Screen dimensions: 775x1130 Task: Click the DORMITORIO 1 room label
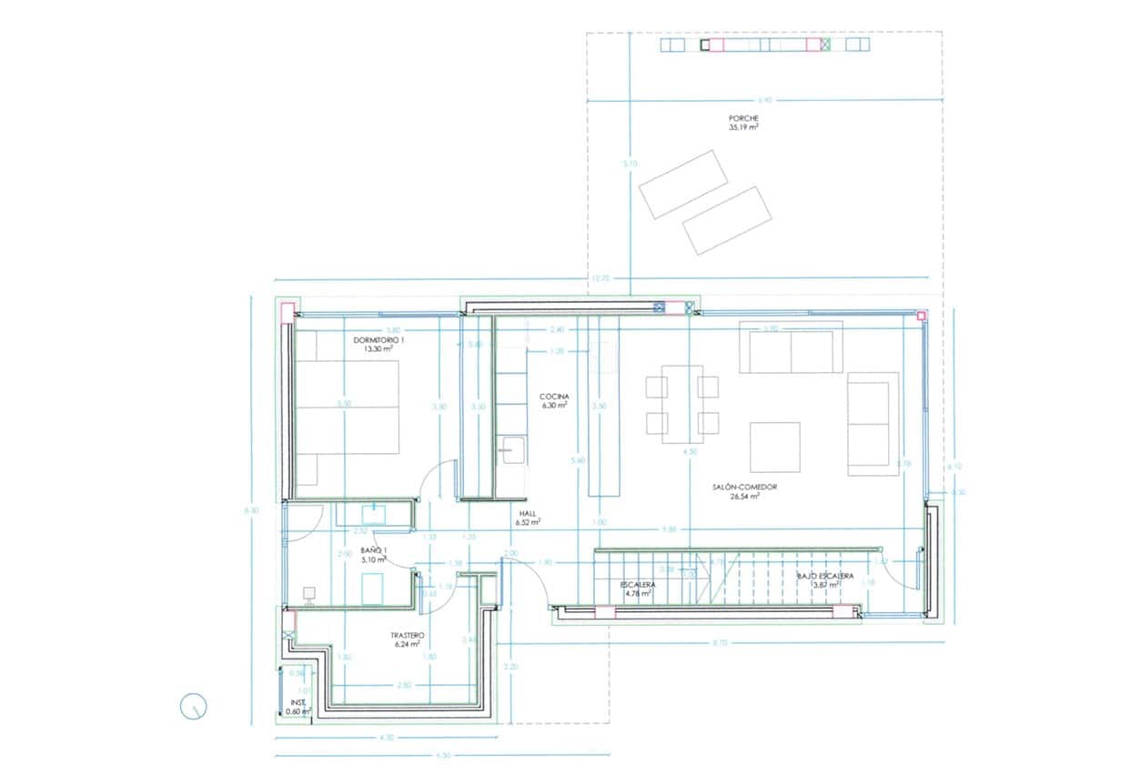point(378,339)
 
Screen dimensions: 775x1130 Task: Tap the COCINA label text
point(554,397)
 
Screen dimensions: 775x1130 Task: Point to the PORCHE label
point(743,118)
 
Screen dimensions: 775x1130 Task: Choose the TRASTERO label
point(407,635)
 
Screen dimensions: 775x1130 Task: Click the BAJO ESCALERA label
point(824,576)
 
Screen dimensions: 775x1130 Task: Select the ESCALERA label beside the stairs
point(638,584)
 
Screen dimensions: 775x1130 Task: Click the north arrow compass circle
point(194,707)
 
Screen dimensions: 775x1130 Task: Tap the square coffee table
point(774,447)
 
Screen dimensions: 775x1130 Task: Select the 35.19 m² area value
point(743,128)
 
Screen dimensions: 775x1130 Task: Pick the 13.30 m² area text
point(378,348)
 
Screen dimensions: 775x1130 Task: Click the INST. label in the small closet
point(298,702)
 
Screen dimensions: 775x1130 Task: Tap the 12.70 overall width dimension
point(600,277)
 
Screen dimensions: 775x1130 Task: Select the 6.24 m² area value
point(407,644)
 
